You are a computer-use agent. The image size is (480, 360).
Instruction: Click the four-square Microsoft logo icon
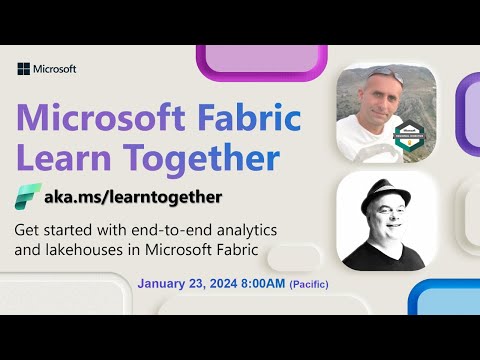[x=24, y=69]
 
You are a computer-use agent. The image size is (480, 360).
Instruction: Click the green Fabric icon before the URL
[x=28, y=196]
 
